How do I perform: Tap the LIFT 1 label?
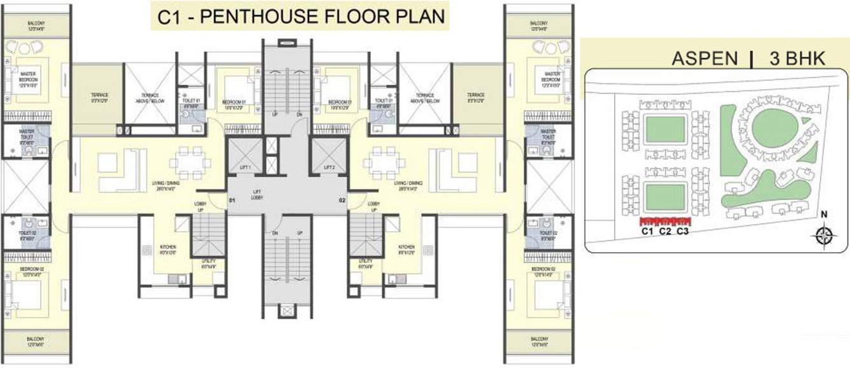[x=246, y=167]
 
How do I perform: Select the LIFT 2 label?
[x=329, y=167]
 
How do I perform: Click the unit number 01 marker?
[x=233, y=201]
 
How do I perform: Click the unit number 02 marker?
[x=342, y=201]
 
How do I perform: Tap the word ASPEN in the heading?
[x=705, y=59]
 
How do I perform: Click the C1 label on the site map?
[x=648, y=232]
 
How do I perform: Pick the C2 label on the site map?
[x=665, y=232]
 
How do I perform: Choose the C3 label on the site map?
[x=683, y=232]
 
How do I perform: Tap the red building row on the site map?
[x=665, y=222]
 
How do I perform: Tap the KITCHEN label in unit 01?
[x=169, y=247]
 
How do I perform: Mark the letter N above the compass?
[x=824, y=215]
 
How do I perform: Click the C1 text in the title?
[x=170, y=16]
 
